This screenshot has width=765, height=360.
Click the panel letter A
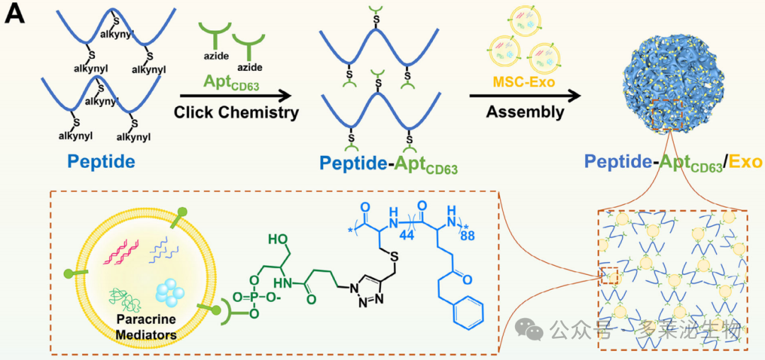click(x=15, y=15)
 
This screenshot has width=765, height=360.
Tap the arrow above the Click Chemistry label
click(x=236, y=96)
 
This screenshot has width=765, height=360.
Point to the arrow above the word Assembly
click(x=525, y=96)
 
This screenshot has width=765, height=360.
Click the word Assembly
click(x=525, y=112)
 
